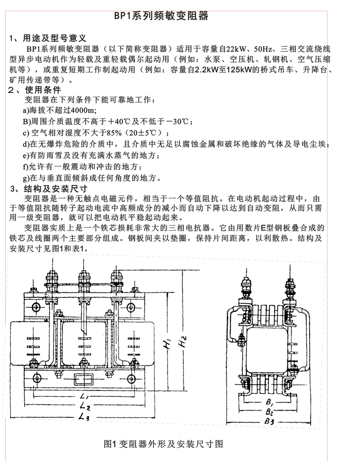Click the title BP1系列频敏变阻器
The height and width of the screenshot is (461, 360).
pos(161,16)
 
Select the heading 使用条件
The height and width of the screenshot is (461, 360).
pos(46,89)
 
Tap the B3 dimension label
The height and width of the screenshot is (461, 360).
pos(268,421)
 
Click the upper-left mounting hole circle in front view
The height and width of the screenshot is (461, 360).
pos(37,307)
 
